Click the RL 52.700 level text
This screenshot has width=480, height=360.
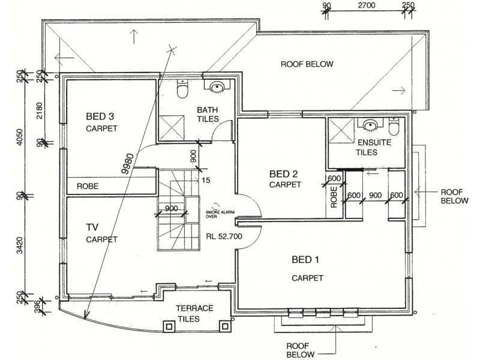223,236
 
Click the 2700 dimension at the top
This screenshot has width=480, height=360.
367,6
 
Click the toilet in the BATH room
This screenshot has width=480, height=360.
183,91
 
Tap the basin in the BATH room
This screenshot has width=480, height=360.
217,88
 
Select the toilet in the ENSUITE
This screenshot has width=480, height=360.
394,128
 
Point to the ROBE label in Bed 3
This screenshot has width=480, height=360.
88,187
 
